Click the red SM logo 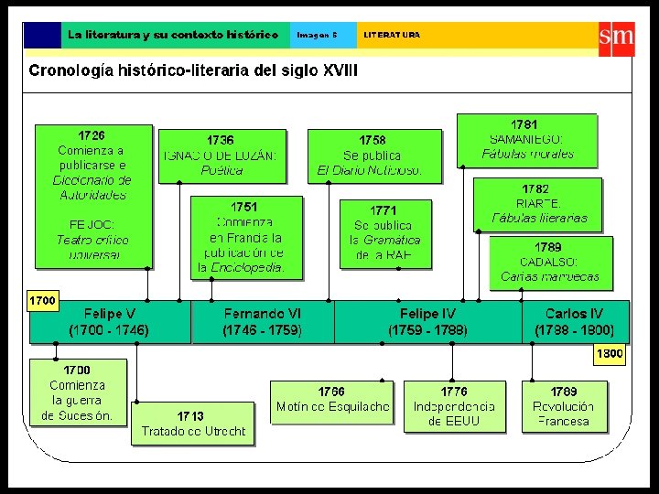[616, 38]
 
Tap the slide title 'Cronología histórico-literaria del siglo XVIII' [193, 70]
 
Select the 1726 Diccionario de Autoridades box [93, 196]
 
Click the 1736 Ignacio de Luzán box [220, 155]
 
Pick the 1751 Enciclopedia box [246, 236]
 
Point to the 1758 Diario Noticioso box [373, 155]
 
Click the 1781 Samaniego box [526, 139]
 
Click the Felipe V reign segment [110, 322]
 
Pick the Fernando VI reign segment [263, 322]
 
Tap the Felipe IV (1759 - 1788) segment [427, 322]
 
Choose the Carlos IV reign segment [575, 322]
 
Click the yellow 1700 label [43, 300]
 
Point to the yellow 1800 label [610, 354]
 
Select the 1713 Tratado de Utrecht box [193, 424]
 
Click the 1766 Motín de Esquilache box [332, 401]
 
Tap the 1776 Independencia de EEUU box [453, 405]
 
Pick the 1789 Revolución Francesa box [563, 405]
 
